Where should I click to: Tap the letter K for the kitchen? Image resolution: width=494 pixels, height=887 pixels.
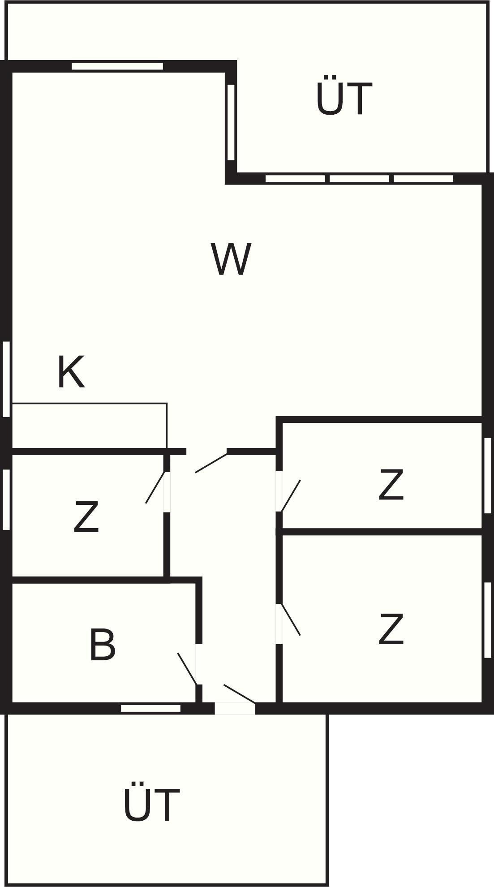pyautogui.click(x=71, y=372)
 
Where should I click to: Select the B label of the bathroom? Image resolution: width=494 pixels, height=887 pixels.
pyautogui.click(x=102, y=645)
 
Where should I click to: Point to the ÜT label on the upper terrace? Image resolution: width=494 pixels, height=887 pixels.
pyautogui.click(x=344, y=98)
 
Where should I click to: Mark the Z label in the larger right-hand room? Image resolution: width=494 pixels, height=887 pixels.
pyautogui.click(x=391, y=629)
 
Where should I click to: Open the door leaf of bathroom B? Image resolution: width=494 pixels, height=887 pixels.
pyautogui.click(x=187, y=669)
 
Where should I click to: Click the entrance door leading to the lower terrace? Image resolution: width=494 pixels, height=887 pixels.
pyautogui.click(x=240, y=693)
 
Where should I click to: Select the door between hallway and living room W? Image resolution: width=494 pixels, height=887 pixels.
pyautogui.click(x=211, y=463)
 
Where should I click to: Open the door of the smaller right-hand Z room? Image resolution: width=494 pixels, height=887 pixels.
pyautogui.click(x=291, y=496)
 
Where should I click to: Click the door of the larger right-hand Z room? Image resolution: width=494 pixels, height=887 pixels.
pyautogui.click(x=291, y=620)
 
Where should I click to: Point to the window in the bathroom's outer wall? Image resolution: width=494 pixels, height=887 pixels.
pyautogui.click(x=151, y=708)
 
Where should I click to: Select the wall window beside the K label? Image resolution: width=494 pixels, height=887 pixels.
pyautogui.click(x=6, y=379)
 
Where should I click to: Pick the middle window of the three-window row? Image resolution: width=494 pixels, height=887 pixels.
pyautogui.click(x=359, y=179)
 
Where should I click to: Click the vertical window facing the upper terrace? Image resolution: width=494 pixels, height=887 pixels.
pyautogui.click(x=231, y=122)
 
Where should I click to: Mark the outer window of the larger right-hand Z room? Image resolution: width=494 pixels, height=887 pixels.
pyautogui.click(x=488, y=620)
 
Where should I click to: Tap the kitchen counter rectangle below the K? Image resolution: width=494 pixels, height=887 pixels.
pyautogui.click(x=90, y=426)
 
